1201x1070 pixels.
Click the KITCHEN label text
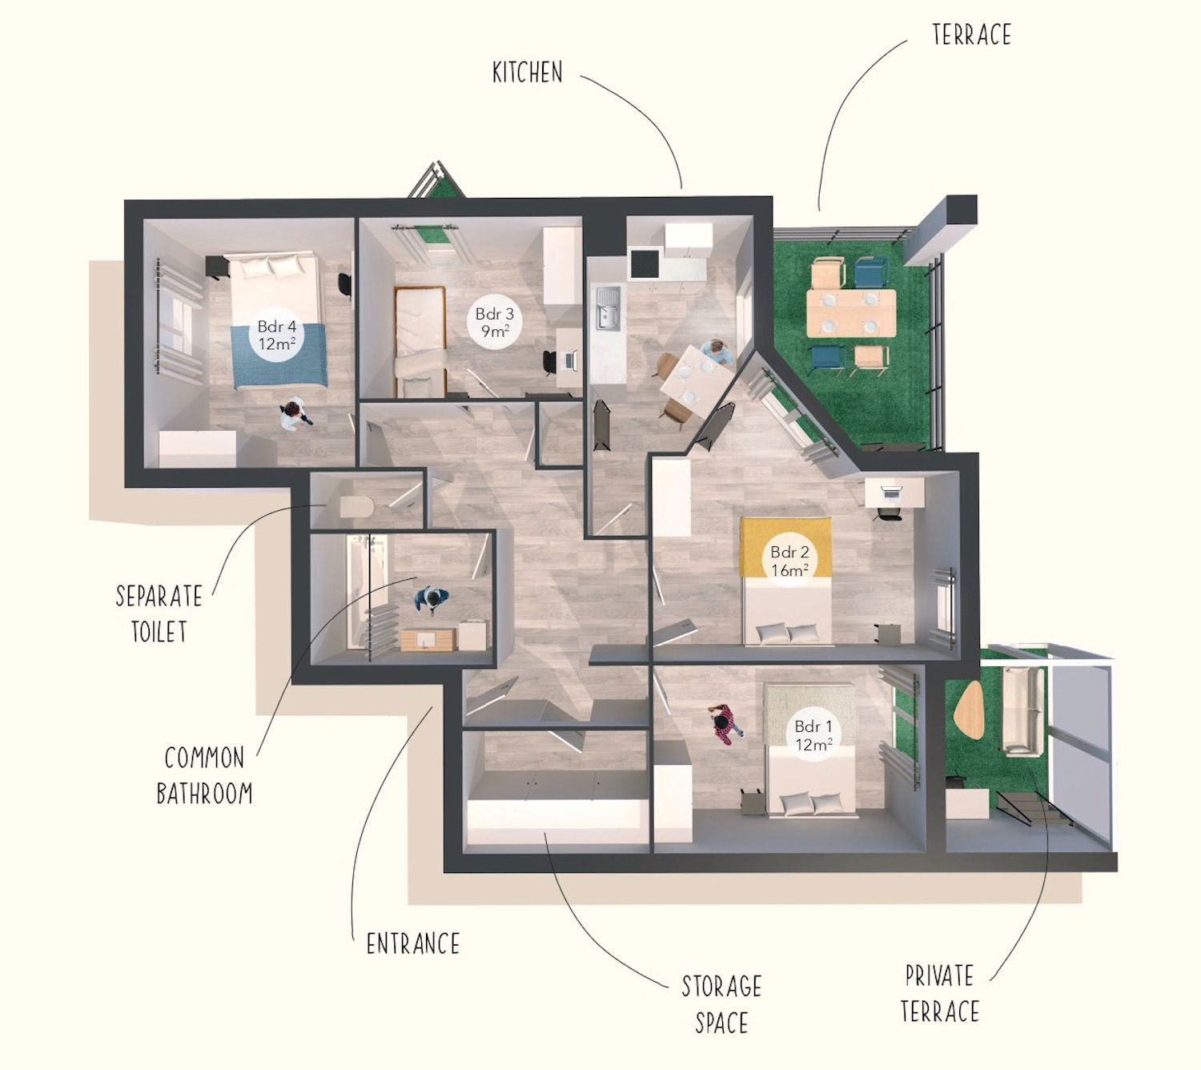[x=527, y=73]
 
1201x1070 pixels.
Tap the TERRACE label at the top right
[x=971, y=34]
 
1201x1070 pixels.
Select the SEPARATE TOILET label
[x=159, y=613]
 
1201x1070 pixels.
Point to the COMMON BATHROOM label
[x=204, y=775]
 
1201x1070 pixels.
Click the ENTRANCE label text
[x=413, y=943]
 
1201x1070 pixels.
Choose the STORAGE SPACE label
[x=721, y=1004]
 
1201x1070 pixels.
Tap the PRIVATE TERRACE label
[x=940, y=993]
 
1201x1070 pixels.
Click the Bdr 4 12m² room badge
[x=277, y=336]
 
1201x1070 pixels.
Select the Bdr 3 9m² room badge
[x=494, y=323]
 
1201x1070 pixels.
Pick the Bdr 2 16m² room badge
[x=789, y=561]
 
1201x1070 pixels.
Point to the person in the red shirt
[x=725, y=723]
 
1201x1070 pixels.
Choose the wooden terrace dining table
[x=850, y=312]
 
